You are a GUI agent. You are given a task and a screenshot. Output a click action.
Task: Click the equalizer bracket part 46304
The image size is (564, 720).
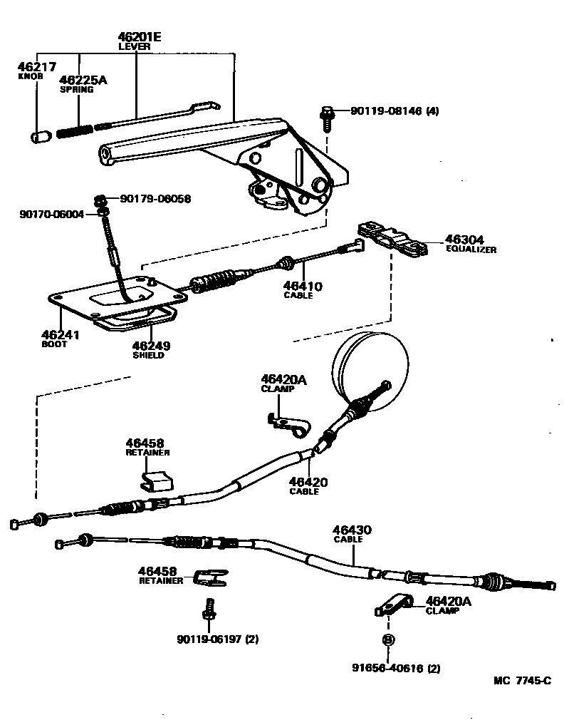[392, 239]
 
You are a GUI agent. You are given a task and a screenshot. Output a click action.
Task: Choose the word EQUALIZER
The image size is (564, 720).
[471, 250]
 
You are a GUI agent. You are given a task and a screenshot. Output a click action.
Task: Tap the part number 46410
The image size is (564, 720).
[303, 286]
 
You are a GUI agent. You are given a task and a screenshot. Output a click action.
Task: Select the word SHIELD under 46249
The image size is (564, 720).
[148, 355]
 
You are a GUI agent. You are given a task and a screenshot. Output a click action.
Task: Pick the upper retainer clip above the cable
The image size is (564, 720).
[157, 480]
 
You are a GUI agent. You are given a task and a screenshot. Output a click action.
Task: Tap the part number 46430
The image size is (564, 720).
[352, 530]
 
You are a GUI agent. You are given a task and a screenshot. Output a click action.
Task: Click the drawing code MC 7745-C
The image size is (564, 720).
[522, 680]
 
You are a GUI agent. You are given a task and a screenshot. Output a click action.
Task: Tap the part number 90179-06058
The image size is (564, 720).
[155, 199]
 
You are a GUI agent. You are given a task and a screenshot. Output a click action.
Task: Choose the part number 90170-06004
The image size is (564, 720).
[52, 213]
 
